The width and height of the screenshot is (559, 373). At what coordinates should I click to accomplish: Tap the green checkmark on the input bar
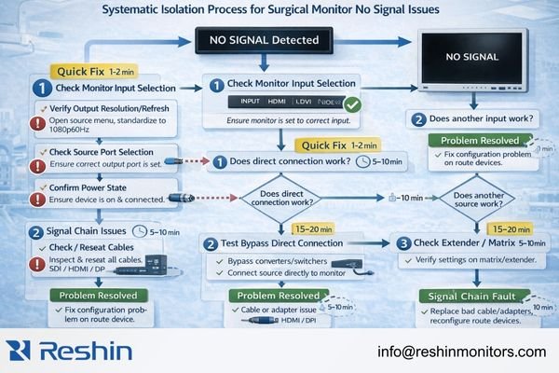[352, 104]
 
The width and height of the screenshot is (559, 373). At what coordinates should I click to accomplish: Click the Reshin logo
[69, 351]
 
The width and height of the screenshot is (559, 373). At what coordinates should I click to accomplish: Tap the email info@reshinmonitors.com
[461, 352]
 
